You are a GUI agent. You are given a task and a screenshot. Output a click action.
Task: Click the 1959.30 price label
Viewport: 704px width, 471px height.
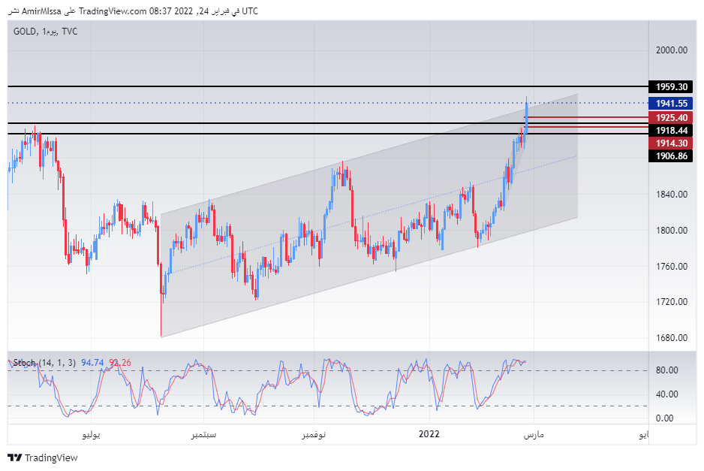pyautogui.click(x=669, y=87)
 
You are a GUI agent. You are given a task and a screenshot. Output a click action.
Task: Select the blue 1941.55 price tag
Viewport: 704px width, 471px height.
pyautogui.click(x=669, y=104)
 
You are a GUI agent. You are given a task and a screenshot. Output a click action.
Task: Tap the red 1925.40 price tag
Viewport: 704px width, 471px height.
pyautogui.click(x=669, y=118)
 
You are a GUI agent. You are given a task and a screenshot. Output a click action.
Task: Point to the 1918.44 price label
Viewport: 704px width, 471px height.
pyautogui.click(x=669, y=131)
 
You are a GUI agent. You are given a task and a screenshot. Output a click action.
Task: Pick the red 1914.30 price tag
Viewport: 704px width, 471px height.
pyautogui.click(x=669, y=143)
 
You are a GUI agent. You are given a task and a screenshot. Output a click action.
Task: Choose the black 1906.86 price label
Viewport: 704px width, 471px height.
pyautogui.click(x=669, y=155)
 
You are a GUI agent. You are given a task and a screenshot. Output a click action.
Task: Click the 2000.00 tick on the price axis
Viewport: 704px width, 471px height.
pyautogui.click(x=672, y=50)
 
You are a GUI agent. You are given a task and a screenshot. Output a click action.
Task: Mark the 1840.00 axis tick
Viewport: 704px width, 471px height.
pyautogui.click(x=672, y=195)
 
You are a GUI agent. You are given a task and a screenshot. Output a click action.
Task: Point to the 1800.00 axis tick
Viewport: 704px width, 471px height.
pyautogui.click(x=672, y=231)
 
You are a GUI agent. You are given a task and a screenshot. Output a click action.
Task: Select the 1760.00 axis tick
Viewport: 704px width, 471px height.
pyautogui.click(x=672, y=267)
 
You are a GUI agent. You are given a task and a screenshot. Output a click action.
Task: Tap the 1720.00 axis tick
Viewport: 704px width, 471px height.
pyautogui.click(x=672, y=302)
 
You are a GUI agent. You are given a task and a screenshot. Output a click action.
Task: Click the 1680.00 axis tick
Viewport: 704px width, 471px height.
pyautogui.click(x=672, y=337)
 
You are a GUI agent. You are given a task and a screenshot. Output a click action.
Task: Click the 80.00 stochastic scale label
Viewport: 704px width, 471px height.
pyautogui.click(x=667, y=370)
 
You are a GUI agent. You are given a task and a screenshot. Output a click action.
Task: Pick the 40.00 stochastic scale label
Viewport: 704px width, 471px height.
pyautogui.click(x=667, y=394)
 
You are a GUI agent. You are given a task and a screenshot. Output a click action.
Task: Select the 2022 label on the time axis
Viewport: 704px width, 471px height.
pyautogui.click(x=429, y=434)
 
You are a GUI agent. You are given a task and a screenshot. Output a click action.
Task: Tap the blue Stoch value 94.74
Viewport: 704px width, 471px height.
pyautogui.click(x=93, y=363)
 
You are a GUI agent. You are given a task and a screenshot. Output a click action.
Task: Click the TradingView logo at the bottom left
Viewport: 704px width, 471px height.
pyautogui.click(x=43, y=457)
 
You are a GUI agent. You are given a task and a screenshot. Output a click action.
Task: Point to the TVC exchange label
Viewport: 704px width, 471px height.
pyautogui.click(x=70, y=32)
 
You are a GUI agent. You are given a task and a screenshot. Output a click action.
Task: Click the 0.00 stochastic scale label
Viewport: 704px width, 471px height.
pyautogui.click(x=665, y=418)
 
